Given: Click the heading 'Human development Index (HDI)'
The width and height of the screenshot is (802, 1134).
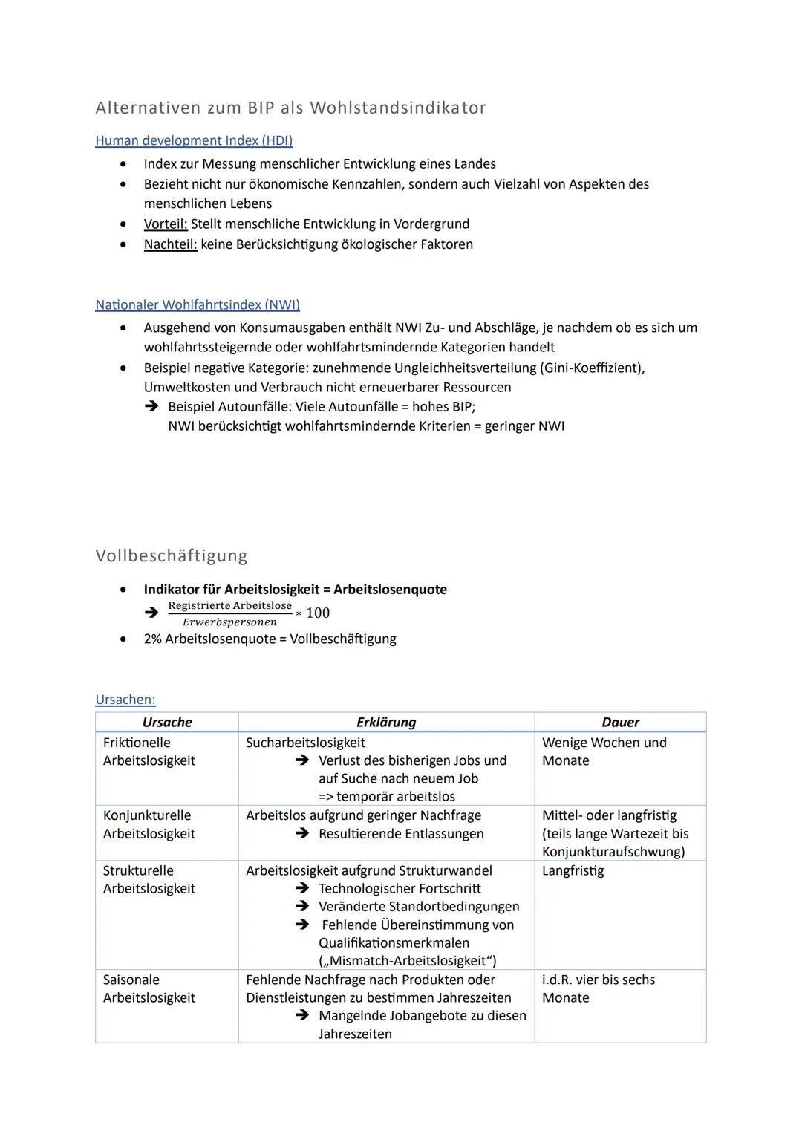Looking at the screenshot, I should click(194, 140).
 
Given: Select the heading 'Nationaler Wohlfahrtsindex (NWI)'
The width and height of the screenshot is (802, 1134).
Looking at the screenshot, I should click(198, 304).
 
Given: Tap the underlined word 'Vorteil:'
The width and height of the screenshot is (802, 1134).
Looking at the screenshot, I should click(166, 224).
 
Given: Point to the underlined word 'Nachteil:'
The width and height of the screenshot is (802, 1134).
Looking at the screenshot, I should click(170, 244).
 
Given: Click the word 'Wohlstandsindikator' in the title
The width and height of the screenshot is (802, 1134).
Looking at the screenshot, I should click(397, 108).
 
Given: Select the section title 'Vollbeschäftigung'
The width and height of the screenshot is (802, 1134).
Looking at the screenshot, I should click(172, 555).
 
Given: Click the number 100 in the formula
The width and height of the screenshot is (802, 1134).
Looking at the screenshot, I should click(318, 613).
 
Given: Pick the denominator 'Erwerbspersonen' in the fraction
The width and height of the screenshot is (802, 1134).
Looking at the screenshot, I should click(229, 622).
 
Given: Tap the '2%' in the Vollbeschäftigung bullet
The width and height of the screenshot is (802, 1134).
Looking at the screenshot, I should click(152, 639).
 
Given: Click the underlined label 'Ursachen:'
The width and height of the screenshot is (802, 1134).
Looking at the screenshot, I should click(125, 699).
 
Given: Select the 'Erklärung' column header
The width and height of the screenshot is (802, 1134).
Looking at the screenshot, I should click(386, 722).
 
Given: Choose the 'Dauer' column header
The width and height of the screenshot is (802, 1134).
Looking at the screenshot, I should click(620, 722).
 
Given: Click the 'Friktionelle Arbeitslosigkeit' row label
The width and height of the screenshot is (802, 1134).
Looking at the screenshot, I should click(149, 751).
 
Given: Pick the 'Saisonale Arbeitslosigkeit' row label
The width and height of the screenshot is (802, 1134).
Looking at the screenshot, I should click(149, 988).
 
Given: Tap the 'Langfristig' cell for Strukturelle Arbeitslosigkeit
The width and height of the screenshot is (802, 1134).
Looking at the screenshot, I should click(573, 870).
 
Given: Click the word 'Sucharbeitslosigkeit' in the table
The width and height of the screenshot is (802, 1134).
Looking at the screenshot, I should click(305, 742).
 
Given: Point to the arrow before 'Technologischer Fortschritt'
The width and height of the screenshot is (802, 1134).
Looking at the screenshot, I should click(301, 888).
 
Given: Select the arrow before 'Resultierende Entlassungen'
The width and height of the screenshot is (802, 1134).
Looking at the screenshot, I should click(301, 834).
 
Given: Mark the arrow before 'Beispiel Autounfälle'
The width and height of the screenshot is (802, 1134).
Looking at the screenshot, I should click(151, 406).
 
